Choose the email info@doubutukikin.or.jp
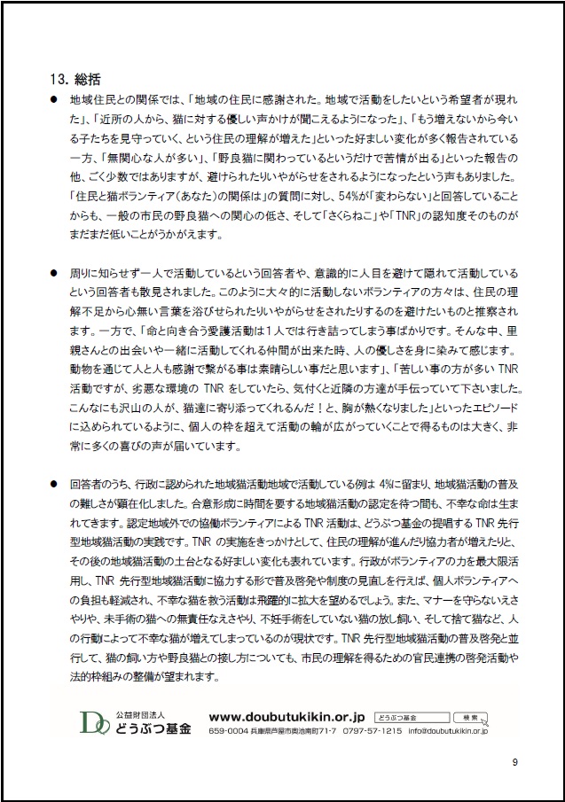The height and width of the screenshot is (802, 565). click(x=447, y=732)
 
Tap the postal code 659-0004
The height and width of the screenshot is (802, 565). click(x=228, y=732)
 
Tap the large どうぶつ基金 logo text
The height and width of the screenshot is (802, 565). click(x=153, y=728)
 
